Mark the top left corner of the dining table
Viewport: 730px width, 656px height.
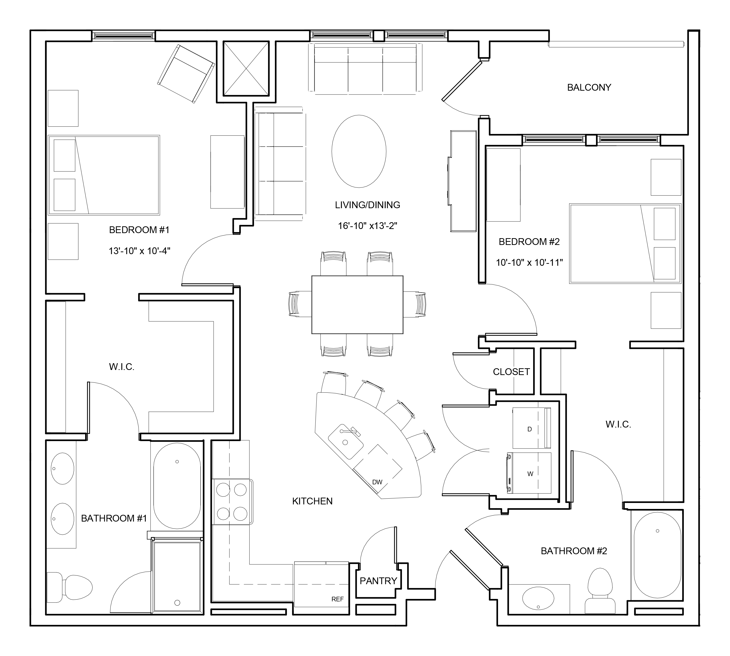[x=312, y=276]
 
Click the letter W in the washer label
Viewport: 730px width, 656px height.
[x=530, y=474]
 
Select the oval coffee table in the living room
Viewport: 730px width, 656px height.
[x=359, y=151]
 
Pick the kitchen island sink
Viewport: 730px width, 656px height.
[x=346, y=442]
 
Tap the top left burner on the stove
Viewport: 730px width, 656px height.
[x=223, y=490]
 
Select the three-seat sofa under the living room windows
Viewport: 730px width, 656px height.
[x=365, y=68]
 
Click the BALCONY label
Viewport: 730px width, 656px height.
[x=589, y=88]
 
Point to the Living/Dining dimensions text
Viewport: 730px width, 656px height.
[x=368, y=226]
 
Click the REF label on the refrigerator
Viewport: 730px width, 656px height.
[x=337, y=599]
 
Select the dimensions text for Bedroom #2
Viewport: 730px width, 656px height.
[x=529, y=263]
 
